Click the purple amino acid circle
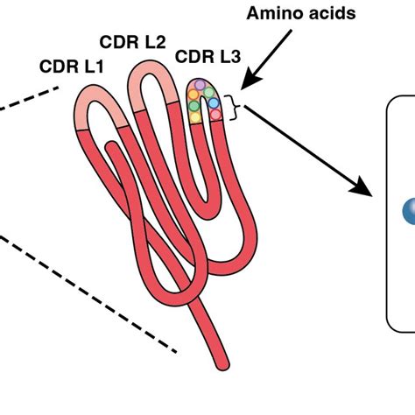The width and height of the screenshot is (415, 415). click(200, 85)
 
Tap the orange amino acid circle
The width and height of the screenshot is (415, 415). click(193, 95)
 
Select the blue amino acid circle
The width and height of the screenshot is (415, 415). click(214, 102)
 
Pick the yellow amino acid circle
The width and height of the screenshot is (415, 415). click(195, 117)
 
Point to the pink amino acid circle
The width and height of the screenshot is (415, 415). click(215, 115)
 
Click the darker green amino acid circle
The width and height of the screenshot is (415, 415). click(194, 106)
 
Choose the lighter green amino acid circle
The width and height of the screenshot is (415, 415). click(209, 93)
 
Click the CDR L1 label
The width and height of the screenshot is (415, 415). click(72, 67)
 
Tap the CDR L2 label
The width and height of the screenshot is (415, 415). click(133, 42)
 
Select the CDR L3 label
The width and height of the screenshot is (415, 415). click(208, 57)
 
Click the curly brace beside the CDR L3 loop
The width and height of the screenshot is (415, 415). click(233, 107)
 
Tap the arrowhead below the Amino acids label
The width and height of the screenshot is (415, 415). click(251, 79)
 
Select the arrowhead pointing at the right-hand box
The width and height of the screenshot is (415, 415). click(362, 186)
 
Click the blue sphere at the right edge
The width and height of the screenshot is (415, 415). click(409, 211)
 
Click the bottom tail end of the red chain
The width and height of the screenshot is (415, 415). click(222, 365)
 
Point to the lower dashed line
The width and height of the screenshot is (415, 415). click(88, 294)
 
